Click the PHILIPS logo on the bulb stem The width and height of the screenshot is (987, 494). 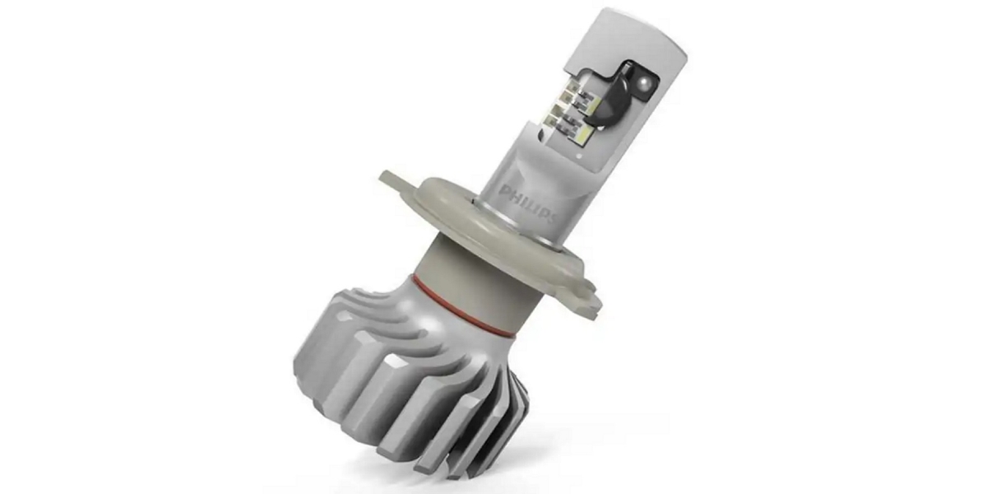click(x=528, y=203)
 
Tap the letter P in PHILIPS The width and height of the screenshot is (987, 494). click(x=503, y=189)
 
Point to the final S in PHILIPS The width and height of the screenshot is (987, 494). click(x=554, y=218)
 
